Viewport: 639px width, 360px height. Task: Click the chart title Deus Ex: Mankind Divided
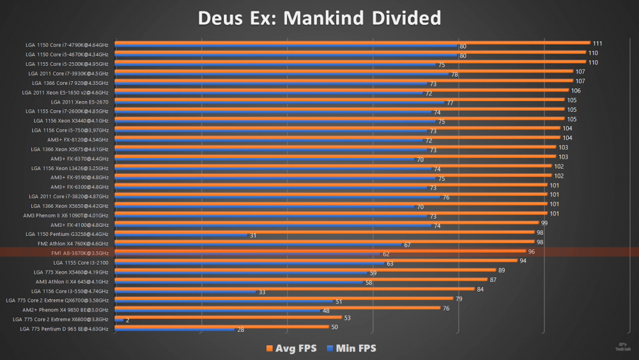tap(319, 18)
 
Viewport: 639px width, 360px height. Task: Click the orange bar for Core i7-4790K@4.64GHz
tap(351, 43)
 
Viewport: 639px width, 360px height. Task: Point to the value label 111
tap(597, 43)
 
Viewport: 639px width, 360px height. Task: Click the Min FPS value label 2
tap(128, 320)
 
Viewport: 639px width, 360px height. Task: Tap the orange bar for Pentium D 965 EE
tap(220, 327)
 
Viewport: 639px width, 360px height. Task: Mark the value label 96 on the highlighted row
tap(531, 251)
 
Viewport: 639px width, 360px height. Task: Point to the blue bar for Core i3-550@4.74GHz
tap(185, 292)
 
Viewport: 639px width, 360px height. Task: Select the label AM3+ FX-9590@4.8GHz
tap(79, 177)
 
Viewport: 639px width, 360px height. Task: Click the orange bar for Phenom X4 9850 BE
tap(275, 308)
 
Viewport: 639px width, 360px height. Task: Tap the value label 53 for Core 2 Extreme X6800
tap(347, 317)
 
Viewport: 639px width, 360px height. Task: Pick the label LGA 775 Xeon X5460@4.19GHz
tap(71, 272)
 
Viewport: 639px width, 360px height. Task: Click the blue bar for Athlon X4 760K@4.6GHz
tap(256, 245)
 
